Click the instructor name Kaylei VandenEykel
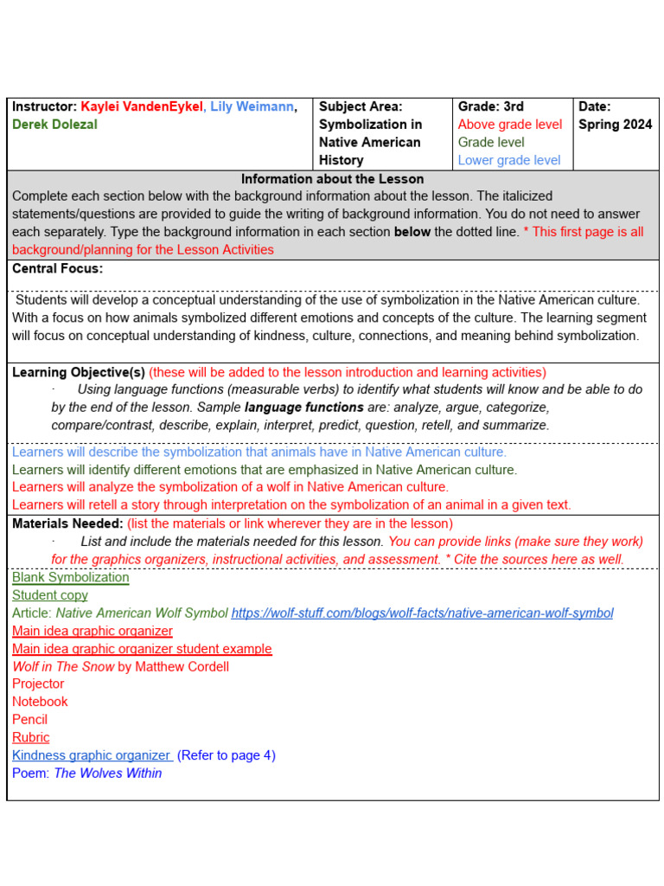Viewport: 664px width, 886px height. tap(143, 106)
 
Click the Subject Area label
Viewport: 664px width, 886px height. tap(361, 106)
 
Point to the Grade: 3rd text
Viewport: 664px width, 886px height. tap(490, 106)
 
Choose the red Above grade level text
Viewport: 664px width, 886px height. tap(509, 125)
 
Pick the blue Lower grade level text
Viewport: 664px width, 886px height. tap(508, 160)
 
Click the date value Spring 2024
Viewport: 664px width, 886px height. tap(615, 125)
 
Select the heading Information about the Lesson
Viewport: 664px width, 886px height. tap(332, 179)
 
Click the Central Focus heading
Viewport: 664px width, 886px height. tap(57, 268)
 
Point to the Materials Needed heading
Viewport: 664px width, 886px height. tap(67, 523)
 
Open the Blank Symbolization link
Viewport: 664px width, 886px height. tap(70, 577)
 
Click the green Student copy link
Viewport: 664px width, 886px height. tap(49, 595)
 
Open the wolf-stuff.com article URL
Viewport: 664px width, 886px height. tap(422, 613)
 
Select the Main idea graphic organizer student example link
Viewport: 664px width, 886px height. tap(142, 649)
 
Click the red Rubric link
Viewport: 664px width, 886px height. tap(30, 737)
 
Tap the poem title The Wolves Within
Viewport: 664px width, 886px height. tap(107, 773)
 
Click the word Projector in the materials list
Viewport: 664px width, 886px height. tap(38, 684)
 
